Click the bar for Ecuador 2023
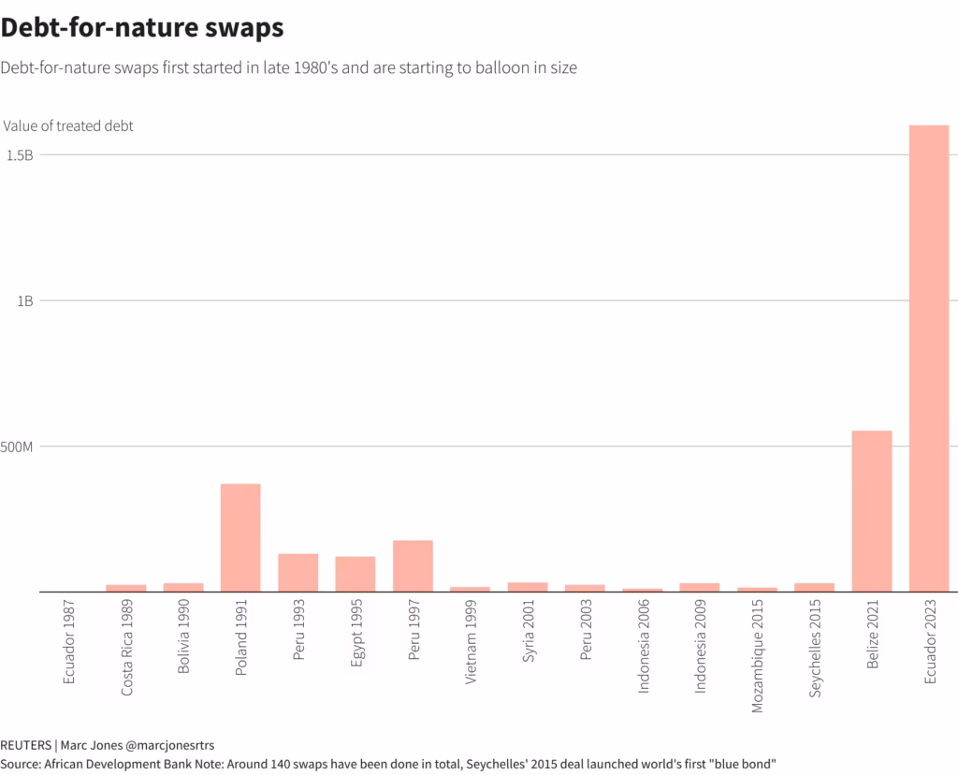[x=929, y=358]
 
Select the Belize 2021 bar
[x=871, y=511]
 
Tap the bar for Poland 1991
[x=240, y=537]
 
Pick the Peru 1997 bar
[x=413, y=565]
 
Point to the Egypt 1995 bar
[x=356, y=574]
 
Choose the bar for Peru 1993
[x=298, y=572]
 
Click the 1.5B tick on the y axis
[x=20, y=155]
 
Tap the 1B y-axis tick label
[x=24, y=300]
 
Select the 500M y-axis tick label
[x=18, y=446]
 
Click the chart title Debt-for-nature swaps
[x=142, y=28]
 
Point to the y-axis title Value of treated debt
[x=68, y=125]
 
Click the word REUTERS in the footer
[x=25, y=745]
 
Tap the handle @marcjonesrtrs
[x=170, y=745]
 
